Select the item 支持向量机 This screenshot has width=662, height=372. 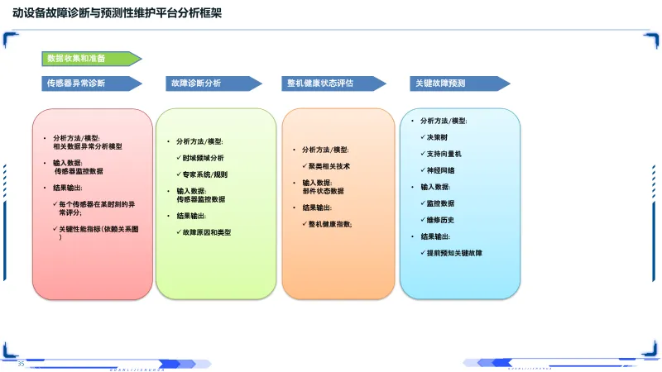(445, 154)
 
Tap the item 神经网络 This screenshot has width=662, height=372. (441, 170)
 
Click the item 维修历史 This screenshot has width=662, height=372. (441, 220)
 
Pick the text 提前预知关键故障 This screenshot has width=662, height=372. (454, 253)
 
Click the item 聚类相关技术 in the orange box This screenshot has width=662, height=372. (329, 166)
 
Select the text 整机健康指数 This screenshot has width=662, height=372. (330, 224)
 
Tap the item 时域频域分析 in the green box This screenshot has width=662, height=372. (204, 158)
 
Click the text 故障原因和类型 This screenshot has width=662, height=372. (208, 232)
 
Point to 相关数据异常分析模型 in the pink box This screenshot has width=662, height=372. (88, 146)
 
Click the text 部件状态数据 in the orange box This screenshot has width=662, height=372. (324, 191)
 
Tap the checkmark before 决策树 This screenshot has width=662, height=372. (422, 136)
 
